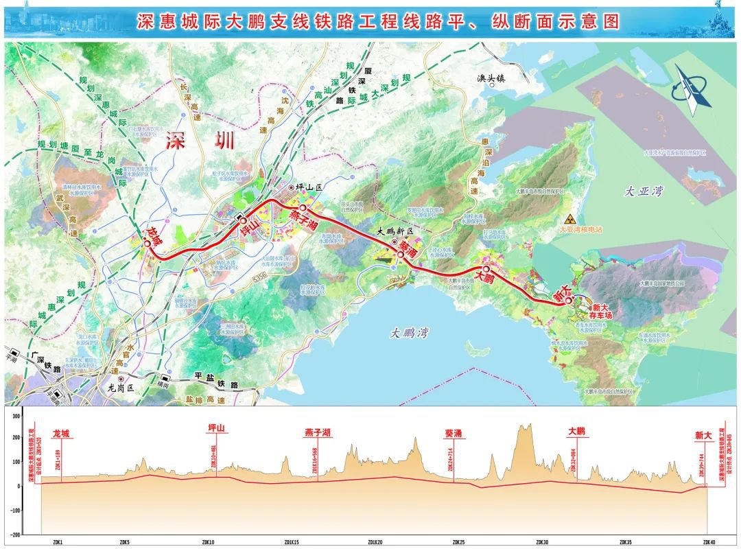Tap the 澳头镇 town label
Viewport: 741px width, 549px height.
[x=491, y=78]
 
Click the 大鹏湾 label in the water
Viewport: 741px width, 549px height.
[x=410, y=333]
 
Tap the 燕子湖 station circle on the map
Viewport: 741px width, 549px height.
[x=303, y=207]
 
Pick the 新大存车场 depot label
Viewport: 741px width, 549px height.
[x=601, y=312]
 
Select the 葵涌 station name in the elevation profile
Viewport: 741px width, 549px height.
[x=458, y=433]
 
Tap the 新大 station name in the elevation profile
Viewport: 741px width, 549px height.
[x=704, y=434]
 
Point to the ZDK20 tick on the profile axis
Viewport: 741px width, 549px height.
[x=374, y=541]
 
